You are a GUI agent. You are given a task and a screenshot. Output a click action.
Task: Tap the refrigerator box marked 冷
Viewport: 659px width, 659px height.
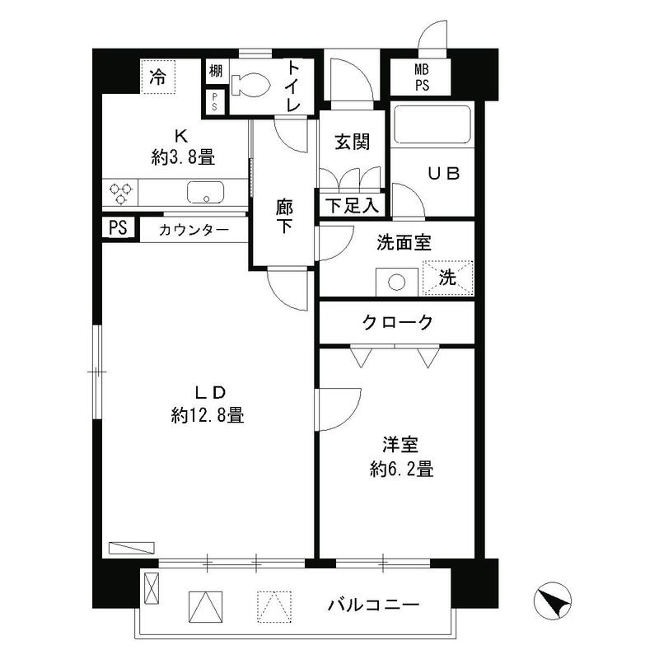tap(157, 77)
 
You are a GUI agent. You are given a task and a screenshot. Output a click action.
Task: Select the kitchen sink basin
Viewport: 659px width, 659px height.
tap(205, 193)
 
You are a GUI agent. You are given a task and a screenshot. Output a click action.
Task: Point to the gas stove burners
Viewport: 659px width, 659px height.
tap(121, 193)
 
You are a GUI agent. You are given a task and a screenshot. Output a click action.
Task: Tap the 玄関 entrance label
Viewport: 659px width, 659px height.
tap(352, 143)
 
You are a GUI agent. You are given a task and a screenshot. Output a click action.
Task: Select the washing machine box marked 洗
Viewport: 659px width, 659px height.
tap(447, 278)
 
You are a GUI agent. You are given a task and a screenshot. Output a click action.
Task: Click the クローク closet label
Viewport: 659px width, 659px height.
tap(397, 323)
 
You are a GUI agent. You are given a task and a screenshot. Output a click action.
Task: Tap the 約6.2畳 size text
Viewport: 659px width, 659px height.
tap(401, 470)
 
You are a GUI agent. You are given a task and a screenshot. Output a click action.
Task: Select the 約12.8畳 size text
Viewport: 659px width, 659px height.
tap(208, 416)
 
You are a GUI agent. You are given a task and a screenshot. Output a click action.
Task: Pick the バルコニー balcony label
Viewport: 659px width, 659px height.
tap(374, 606)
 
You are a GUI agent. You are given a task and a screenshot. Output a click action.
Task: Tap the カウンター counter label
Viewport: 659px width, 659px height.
tap(194, 230)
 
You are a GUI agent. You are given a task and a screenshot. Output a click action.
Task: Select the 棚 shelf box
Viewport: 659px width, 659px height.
tap(215, 71)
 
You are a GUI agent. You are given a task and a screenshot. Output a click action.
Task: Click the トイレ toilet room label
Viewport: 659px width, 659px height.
tap(293, 86)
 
